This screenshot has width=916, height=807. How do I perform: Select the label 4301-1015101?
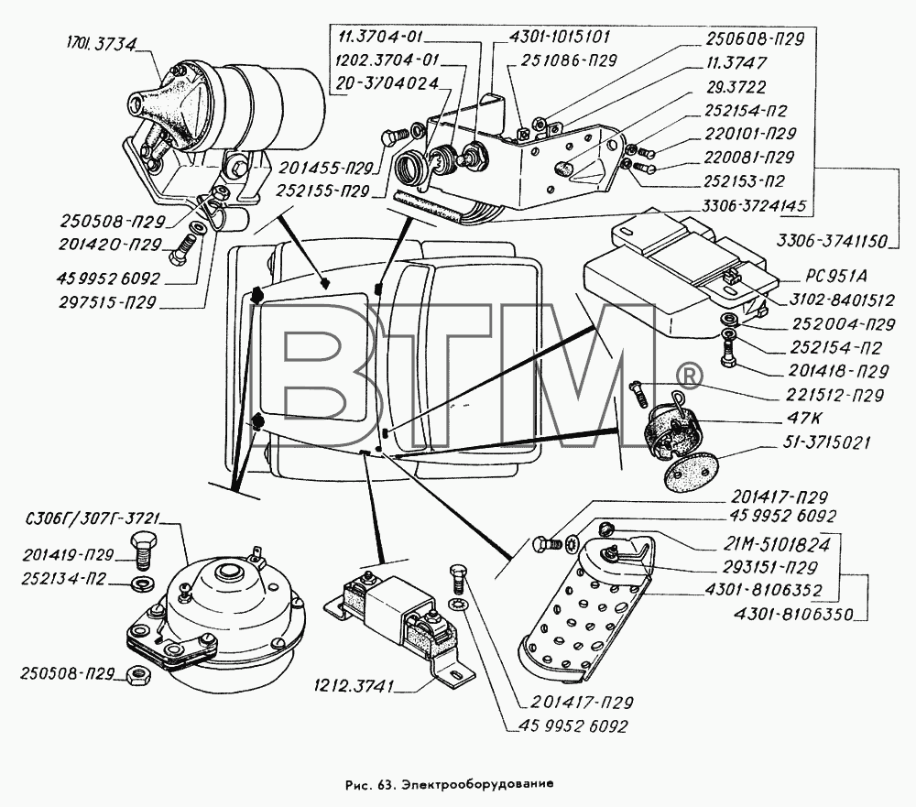(x=559, y=37)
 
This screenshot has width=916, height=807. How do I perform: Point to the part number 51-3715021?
(x=825, y=442)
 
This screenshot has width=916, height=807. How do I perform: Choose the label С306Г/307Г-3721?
(x=93, y=519)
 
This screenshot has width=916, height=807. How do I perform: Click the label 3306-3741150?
(x=832, y=240)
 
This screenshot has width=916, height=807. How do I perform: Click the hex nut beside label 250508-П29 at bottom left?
(x=138, y=675)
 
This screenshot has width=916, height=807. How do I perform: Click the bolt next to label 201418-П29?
(x=728, y=352)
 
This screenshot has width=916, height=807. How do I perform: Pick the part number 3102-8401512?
(x=841, y=300)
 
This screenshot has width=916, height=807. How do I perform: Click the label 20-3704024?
(x=387, y=83)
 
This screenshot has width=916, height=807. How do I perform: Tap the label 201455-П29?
(x=326, y=169)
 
